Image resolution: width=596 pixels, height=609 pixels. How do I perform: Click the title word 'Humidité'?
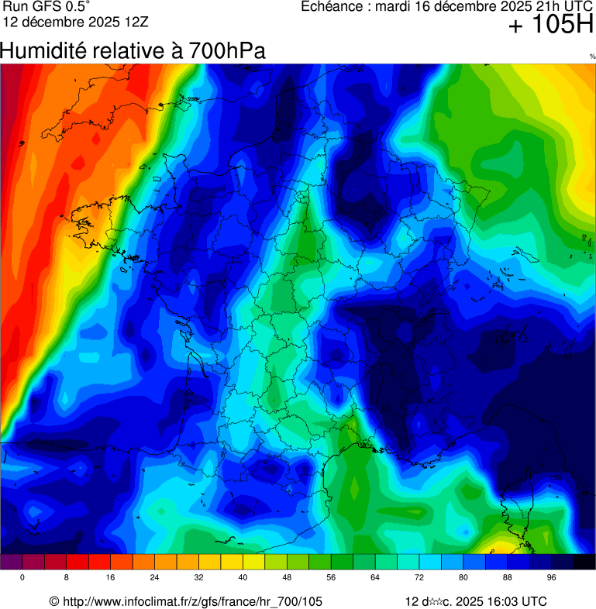point(43,51)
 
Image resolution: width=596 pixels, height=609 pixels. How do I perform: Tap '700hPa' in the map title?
point(226,51)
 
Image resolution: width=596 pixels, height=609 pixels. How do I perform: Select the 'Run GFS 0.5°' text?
point(47,7)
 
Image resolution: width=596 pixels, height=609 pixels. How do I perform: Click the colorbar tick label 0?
point(22,578)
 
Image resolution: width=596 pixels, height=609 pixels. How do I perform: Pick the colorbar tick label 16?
point(111,578)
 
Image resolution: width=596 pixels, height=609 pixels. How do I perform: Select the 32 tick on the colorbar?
point(199,578)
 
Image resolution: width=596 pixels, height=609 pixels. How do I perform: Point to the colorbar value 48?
point(287,578)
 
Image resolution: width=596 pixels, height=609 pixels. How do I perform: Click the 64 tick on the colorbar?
point(375,578)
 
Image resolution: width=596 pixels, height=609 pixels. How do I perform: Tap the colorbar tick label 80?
point(463,578)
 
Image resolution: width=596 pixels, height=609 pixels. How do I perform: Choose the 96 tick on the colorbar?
point(552,578)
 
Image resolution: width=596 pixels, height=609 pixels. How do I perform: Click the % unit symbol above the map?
point(592,57)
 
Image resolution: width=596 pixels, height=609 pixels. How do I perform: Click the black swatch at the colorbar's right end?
point(584,563)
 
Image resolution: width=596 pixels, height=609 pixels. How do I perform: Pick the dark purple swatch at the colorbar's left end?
point(11,563)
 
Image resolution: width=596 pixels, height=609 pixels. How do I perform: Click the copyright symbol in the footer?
point(53,601)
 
